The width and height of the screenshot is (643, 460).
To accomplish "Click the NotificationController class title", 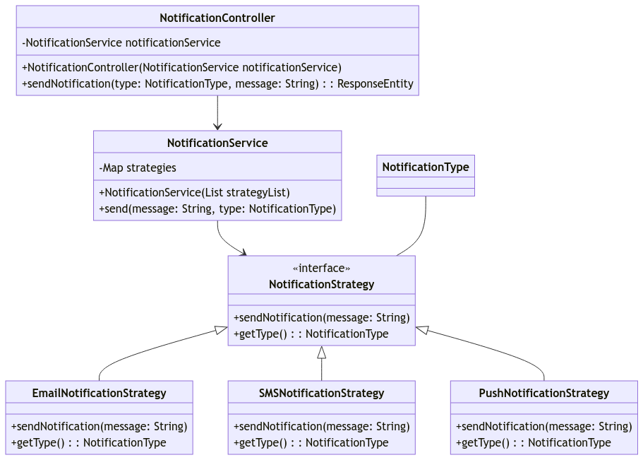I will coord(217,18).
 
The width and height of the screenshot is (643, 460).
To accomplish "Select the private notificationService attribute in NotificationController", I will coord(121,42).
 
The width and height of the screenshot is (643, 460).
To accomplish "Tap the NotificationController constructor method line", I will coord(181,67).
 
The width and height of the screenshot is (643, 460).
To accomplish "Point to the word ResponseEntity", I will coord(375,83).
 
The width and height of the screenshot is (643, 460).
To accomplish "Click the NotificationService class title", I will coord(217,143).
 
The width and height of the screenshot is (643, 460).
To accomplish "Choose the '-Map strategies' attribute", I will coord(138,167).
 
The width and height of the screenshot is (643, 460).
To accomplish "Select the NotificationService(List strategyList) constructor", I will coord(194,192).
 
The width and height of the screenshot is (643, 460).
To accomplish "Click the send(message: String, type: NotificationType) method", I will coord(217,208).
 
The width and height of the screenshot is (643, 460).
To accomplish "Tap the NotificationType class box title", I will coord(426,167).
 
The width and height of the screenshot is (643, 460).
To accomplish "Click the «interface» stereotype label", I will coord(321,269).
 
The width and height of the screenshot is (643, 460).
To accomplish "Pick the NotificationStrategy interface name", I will coord(321,284).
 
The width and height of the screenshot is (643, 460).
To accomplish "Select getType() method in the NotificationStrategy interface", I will coord(311,334).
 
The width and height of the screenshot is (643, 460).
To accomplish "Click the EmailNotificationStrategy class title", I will coord(99,393).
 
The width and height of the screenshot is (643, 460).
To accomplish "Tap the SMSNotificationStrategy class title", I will coord(321,393).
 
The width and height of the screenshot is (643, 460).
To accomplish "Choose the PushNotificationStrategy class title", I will coord(543,393).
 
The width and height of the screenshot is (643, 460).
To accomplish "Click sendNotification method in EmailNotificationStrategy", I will coord(99,426).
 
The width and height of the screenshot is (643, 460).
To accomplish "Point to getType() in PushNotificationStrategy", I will coord(533,442).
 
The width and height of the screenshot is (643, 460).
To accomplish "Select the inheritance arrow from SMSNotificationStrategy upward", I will coord(322,364).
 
